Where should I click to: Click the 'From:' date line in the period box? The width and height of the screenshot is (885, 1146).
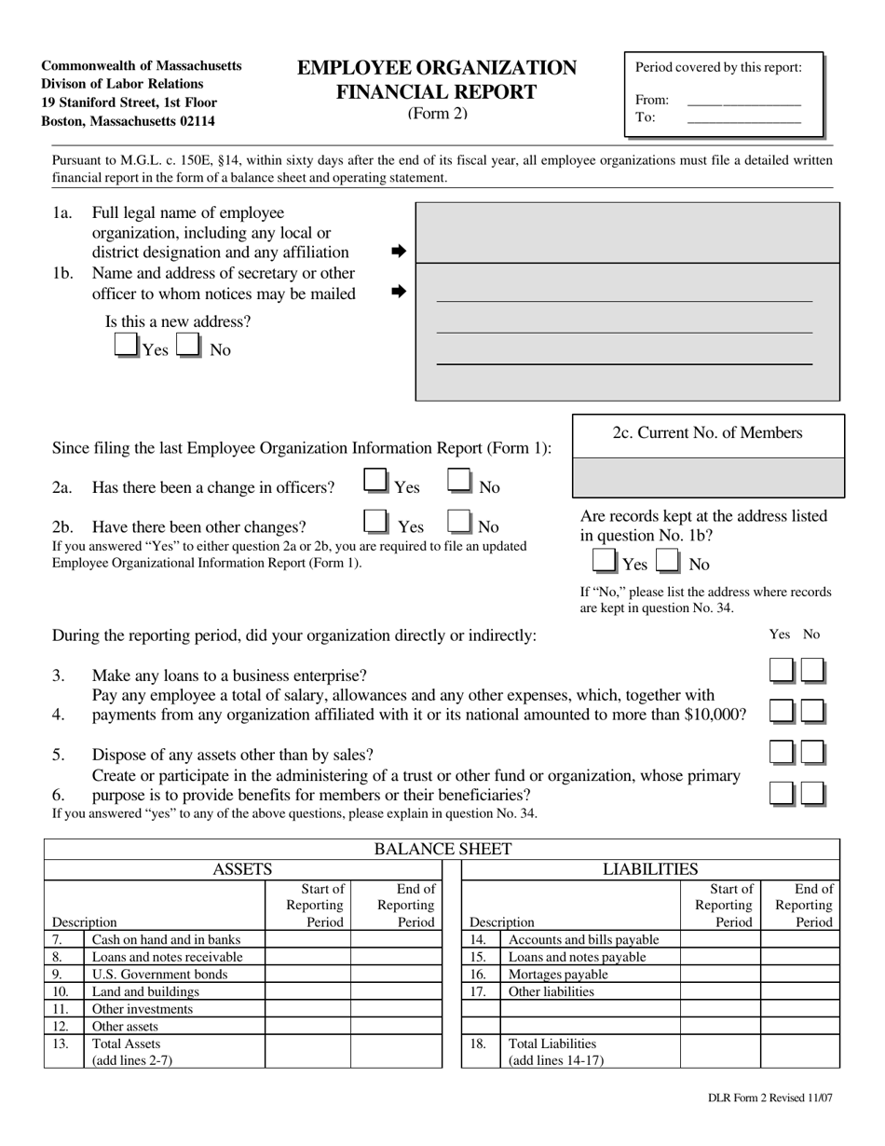coord(743,102)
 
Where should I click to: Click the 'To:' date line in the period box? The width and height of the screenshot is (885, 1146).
coord(743,118)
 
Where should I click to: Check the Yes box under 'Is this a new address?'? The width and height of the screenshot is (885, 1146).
coord(126,346)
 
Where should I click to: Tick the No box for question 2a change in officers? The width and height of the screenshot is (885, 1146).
coord(460,482)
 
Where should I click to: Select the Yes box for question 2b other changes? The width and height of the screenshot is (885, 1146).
coord(376,522)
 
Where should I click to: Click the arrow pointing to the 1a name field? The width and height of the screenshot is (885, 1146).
coord(399,252)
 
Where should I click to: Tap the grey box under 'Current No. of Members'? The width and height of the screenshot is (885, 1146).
coord(707,477)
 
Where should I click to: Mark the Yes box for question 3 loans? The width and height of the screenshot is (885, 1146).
coord(782,671)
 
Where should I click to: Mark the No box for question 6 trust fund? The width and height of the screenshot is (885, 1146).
coord(812,794)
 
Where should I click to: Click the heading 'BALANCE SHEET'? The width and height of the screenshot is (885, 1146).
coord(442,849)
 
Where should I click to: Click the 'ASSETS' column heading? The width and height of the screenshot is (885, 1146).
coord(242,869)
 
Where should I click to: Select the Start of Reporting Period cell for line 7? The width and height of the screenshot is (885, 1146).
coord(307,940)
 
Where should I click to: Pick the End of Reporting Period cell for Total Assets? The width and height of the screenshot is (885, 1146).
coord(396,1051)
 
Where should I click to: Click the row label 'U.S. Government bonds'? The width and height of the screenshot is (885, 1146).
coord(159,975)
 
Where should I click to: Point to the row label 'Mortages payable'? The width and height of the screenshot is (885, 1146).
coord(558,975)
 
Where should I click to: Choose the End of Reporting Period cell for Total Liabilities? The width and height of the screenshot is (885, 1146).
coord(799,1051)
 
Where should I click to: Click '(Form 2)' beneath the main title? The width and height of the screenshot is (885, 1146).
coord(437,114)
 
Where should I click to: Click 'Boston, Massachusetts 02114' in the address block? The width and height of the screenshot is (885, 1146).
coord(128,121)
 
